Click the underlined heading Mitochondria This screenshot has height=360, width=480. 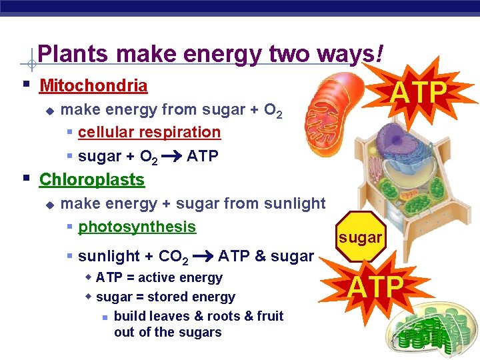(x=93, y=86)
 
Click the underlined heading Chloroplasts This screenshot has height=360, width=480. (x=92, y=179)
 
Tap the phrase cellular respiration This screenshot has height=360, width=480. (x=149, y=132)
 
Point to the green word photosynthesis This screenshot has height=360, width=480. (x=137, y=227)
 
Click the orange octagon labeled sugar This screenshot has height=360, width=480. (x=359, y=237)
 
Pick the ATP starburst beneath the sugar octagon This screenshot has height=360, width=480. (x=376, y=287)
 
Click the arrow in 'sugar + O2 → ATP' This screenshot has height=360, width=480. (x=172, y=157)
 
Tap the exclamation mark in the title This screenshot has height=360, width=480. (x=379, y=53)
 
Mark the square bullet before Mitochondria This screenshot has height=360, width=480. (x=25, y=85)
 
